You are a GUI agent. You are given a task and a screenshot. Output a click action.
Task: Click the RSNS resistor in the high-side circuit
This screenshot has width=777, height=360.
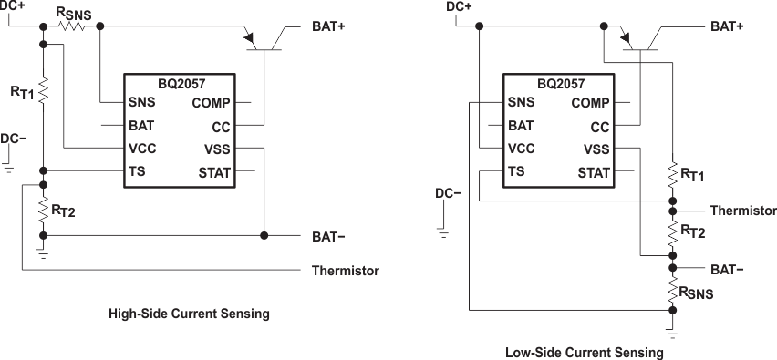(x=72, y=26)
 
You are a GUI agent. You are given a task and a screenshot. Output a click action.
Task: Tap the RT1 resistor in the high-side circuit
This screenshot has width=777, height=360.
(x=43, y=89)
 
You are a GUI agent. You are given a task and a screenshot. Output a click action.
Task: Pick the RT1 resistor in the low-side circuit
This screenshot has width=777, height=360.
(x=672, y=174)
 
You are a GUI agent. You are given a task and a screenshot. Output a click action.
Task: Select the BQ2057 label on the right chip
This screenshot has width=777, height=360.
(x=560, y=83)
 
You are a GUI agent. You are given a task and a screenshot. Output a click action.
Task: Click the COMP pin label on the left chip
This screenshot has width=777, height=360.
(x=211, y=103)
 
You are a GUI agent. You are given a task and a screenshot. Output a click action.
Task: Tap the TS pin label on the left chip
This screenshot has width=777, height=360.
(x=136, y=170)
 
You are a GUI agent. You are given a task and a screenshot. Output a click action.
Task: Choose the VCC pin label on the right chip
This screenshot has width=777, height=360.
(x=521, y=149)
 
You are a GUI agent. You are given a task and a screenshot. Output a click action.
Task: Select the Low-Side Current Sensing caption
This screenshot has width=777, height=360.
(x=584, y=351)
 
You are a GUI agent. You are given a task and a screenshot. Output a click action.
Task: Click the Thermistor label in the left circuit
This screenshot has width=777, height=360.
(x=345, y=271)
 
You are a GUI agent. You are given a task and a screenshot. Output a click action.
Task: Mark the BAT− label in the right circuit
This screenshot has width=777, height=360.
(x=728, y=269)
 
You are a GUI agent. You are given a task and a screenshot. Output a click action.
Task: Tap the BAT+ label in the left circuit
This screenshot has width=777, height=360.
(x=328, y=26)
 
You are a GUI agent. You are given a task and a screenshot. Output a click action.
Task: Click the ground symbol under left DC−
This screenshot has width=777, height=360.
(x=9, y=169)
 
